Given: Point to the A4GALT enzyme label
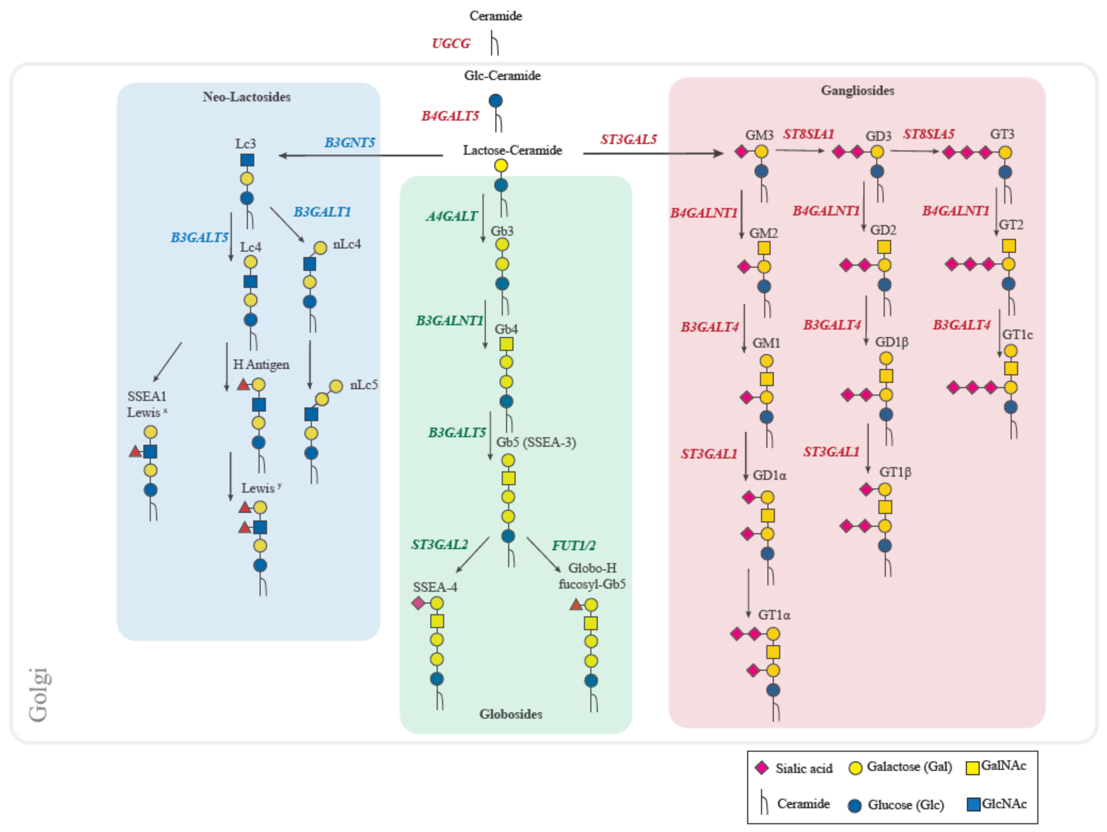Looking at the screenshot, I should [451, 216].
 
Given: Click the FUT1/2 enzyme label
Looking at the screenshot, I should [573, 545].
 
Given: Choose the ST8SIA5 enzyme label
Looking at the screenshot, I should [928, 134].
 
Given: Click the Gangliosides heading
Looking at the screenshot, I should [857, 91].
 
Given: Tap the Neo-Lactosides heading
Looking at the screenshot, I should [246, 97].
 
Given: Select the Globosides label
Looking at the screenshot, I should [510, 714].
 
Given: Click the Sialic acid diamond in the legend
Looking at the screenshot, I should [761, 767].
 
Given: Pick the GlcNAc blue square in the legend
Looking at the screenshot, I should [973, 804].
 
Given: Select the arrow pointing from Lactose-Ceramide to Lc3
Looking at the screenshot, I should [360, 155].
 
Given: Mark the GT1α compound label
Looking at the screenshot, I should [774, 615].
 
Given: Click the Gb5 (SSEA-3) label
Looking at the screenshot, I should [536, 442].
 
